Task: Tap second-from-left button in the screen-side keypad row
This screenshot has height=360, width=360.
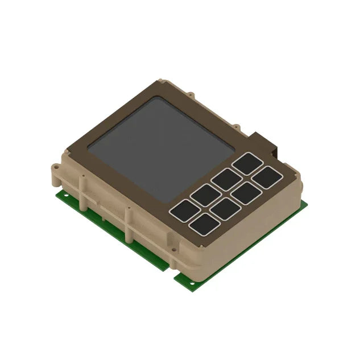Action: [x=205, y=195]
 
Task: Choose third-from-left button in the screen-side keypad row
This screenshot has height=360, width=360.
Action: [x=226, y=180]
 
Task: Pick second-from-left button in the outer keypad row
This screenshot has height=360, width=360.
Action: [x=225, y=209]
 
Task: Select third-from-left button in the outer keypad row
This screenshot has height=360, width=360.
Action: [x=246, y=193]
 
